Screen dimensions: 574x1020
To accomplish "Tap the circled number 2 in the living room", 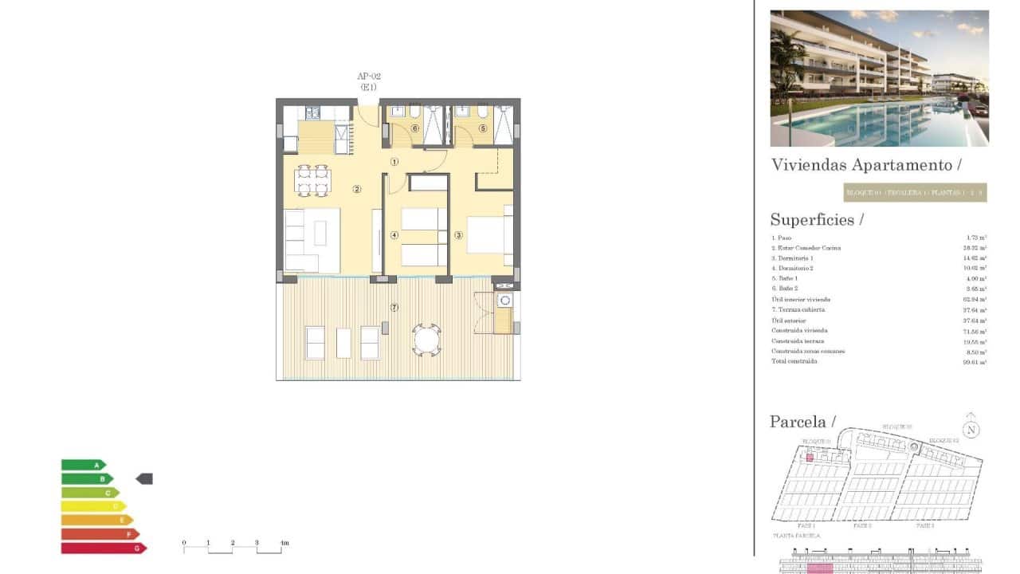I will click(357, 189).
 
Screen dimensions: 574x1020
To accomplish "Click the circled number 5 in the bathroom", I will click(482, 128).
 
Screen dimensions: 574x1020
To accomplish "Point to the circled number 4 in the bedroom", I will click(394, 235).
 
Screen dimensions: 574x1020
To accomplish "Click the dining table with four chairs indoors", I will click(312, 180).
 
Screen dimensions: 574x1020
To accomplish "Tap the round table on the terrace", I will click(426, 340).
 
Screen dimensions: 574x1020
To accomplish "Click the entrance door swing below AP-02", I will click(368, 114).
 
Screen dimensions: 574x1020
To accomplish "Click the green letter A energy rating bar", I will click(83, 465).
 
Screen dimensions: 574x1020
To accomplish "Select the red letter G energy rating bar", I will click(104, 548).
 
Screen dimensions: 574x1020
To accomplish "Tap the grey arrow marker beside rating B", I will click(144, 478).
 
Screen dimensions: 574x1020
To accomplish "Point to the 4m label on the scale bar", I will click(284, 543).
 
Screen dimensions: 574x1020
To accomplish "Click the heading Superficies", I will click(812, 220).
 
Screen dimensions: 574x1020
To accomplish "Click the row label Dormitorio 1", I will click(792, 258).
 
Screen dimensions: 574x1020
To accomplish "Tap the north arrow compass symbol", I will click(970, 429).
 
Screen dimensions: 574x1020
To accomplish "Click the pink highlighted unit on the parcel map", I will click(810, 458).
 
